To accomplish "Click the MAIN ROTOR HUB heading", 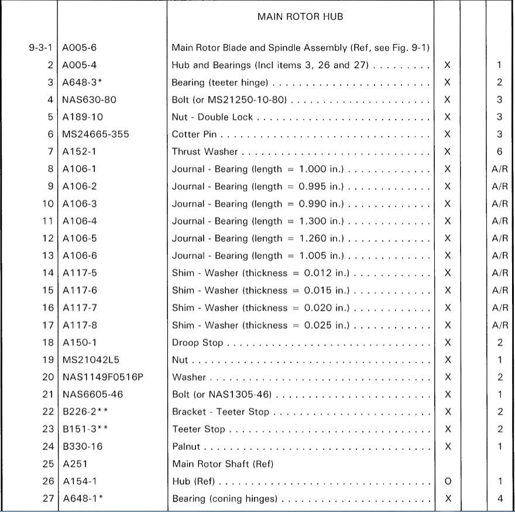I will click(300, 16).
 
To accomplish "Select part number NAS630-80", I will click(89, 100).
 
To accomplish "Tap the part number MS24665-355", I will click(95, 134).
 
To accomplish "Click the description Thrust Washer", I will click(205, 152).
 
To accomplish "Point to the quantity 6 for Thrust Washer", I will click(500, 152).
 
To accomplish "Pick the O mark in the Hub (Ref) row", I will click(448, 482).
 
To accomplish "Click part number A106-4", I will click(80, 221).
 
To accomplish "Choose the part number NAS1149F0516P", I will click(102, 377).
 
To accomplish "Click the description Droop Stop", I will click(197, 343).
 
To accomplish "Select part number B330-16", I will click(82, 446).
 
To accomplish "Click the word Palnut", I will click(187, 446).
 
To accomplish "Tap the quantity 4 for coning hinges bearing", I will click(500, 499).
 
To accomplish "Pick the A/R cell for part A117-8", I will click(500, 325).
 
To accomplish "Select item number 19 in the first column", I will click(47, 360).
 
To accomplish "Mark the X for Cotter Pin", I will click(448, 134).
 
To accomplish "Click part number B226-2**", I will click(85, 412).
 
